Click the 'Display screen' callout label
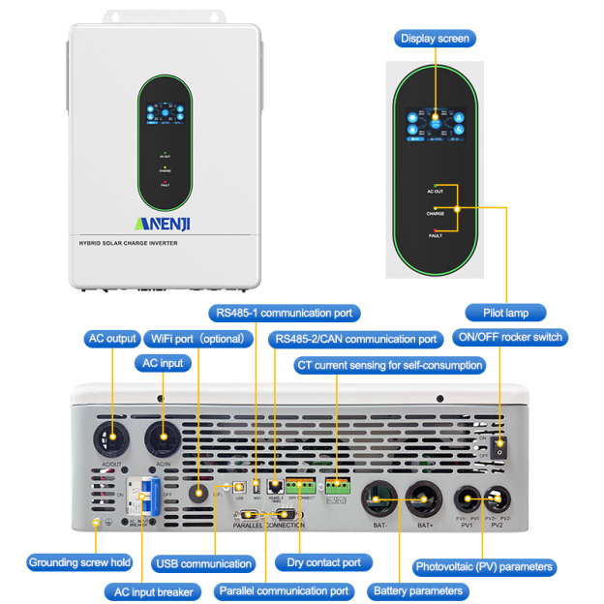tap(435, 39)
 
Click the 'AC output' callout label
tap(112, 339)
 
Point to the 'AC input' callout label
tap(163, 363)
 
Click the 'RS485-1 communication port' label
tap(287, 313)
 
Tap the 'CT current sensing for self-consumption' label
tap(390, 365)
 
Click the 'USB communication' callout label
tap(203, 563)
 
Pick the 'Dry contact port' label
tap(323, 562)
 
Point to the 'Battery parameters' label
tap(418, 589)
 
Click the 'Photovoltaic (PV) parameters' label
tap(484, 566)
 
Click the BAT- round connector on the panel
tap(378, 500)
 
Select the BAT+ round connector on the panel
tap(424, 500)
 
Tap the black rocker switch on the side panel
tap(500, 448)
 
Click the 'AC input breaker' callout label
tap(150, 590)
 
